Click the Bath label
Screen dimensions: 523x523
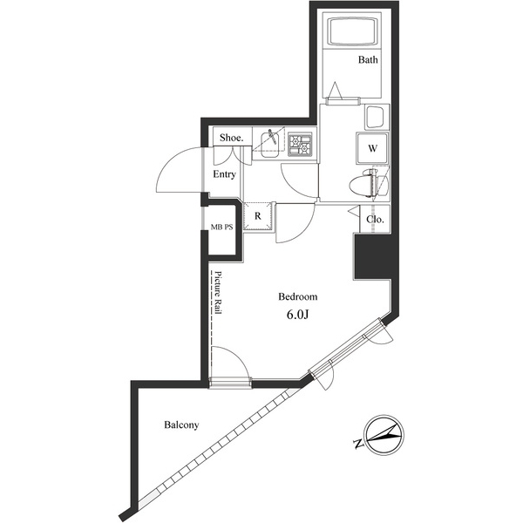(367, 60)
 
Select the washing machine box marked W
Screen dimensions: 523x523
(371, 148)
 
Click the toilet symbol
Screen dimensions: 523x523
(367, 184)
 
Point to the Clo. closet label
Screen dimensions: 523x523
(376, 221)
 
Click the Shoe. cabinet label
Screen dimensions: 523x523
(231, 139)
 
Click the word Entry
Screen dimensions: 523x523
(225, 174)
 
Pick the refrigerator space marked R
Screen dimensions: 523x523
(258, 215)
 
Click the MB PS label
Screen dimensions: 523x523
(221, 228)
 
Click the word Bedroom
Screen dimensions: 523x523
(297, 295)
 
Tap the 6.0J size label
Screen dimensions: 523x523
(297, 315)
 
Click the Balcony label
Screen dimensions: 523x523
(181, 425)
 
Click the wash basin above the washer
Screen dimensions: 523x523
(377, 118)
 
